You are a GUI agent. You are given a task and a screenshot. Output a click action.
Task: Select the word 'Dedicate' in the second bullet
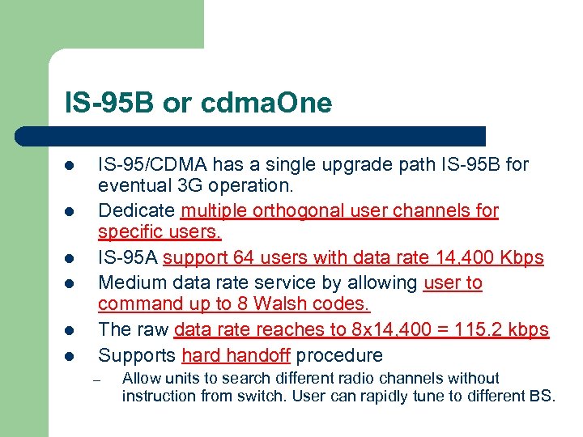(x=136, y=211)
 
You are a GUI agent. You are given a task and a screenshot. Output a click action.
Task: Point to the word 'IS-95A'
(x=127, y=258)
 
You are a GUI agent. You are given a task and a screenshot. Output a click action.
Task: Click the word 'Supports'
(x=136, y=354)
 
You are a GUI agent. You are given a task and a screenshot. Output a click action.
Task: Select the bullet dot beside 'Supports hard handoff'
(x=70, y=356)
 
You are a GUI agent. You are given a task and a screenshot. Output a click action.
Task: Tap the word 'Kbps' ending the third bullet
(x=522, y=258)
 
